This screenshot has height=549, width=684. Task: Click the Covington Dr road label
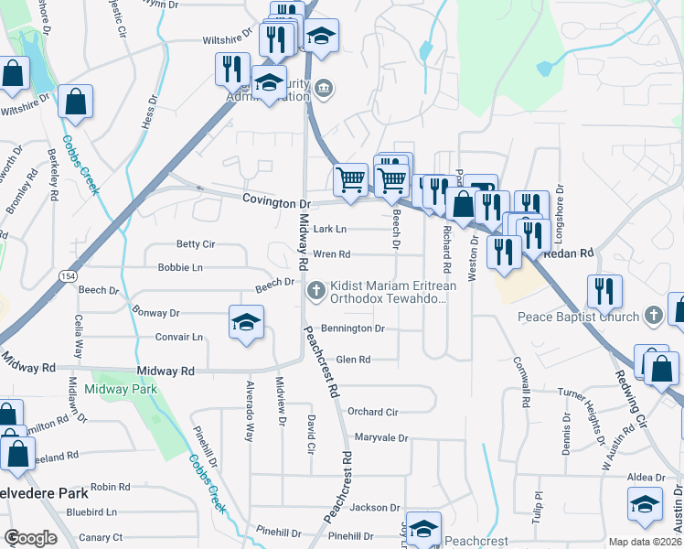(277, 201)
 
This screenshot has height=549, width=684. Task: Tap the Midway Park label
(121, 389)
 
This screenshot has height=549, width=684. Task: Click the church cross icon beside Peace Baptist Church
(653, 316)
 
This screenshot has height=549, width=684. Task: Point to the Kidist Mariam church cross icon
(316, 291)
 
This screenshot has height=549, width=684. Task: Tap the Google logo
(30, 537)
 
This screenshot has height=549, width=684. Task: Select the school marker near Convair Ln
(245, 324)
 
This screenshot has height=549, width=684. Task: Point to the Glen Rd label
(353, 360)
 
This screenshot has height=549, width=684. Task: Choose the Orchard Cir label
(372, 412)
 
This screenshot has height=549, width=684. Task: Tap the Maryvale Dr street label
(380, 437)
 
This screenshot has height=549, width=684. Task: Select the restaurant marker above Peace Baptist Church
(604, 291)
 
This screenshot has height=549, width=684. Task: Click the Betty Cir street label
(195, 244)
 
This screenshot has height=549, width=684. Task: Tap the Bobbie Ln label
(180, 267)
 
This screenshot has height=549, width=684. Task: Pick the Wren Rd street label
(332, 253)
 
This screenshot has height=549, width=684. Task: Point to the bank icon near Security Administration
(324, 89)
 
